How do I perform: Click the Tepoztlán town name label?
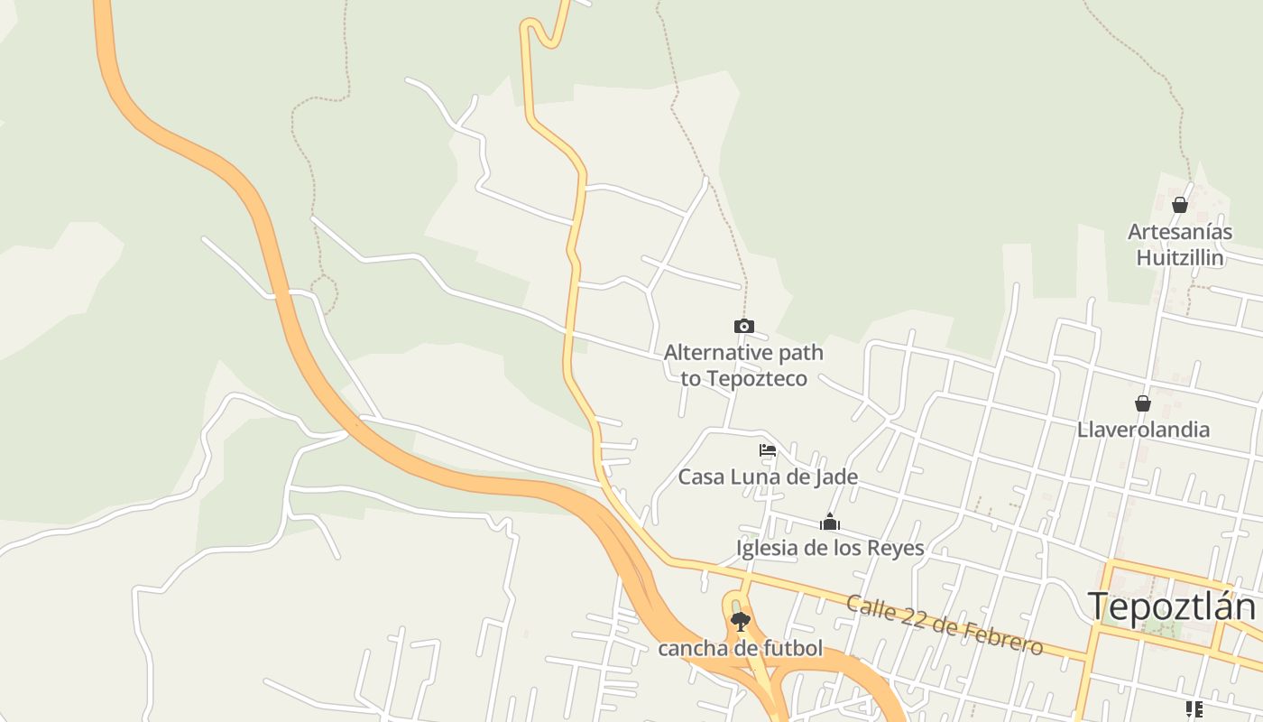click(x=1171, y=606)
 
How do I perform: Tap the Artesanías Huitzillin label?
click(x=1180, y=245)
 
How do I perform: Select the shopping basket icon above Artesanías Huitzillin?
click(x=1179, y=206)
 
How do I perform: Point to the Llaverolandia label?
click(x=1143, y=430)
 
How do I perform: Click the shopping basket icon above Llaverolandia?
click(x=1143, y=403)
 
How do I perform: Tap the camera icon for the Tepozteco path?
click(x=743, y=327)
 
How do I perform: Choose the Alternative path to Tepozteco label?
click(x=743, y=366)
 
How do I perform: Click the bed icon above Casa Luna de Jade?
click(x=768, y=450)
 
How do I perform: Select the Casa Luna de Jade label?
click(x=768, y=477)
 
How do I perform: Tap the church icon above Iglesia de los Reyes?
click(x=830, y=523)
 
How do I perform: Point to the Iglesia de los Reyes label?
click(x=830, y=548)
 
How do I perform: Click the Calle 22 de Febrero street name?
click(x=944, y=624)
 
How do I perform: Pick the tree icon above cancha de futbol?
click(x=741, y=622)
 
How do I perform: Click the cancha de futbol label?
click(x=741, y=648)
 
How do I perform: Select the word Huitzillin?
click(x=1180, y=258)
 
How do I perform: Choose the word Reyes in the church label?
click(x=895, y=548)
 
